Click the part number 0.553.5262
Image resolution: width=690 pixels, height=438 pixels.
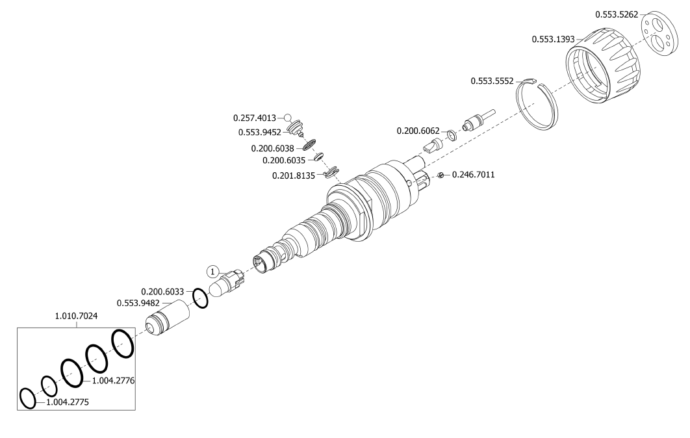(x=617, y=14)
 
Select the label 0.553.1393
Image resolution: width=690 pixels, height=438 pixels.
(x=553, y=39)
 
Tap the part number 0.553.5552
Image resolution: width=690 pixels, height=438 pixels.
(x=492, y=81)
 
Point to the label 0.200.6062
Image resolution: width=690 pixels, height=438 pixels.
(x=418, y=131)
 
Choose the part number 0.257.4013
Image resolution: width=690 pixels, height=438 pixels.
(x=254, y=118)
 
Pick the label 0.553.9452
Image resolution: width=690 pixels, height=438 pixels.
(x=259, y=133)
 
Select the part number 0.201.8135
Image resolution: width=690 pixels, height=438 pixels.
(x=293, y=175)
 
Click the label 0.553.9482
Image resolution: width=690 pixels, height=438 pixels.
(x=138, y=303)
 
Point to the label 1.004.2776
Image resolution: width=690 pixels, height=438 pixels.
(x=113, y=381)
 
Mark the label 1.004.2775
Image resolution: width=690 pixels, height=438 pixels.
(x=68, y=403)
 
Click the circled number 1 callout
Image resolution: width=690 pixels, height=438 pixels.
(x=213, y=271)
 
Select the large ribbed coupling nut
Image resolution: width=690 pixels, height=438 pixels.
(x=602, y=68)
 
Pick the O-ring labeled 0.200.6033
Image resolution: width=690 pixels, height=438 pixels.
(x=201, y=298)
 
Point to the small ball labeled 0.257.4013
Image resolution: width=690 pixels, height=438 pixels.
(x=288, y=118)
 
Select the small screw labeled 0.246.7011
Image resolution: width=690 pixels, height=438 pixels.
(x=440, y=175)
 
